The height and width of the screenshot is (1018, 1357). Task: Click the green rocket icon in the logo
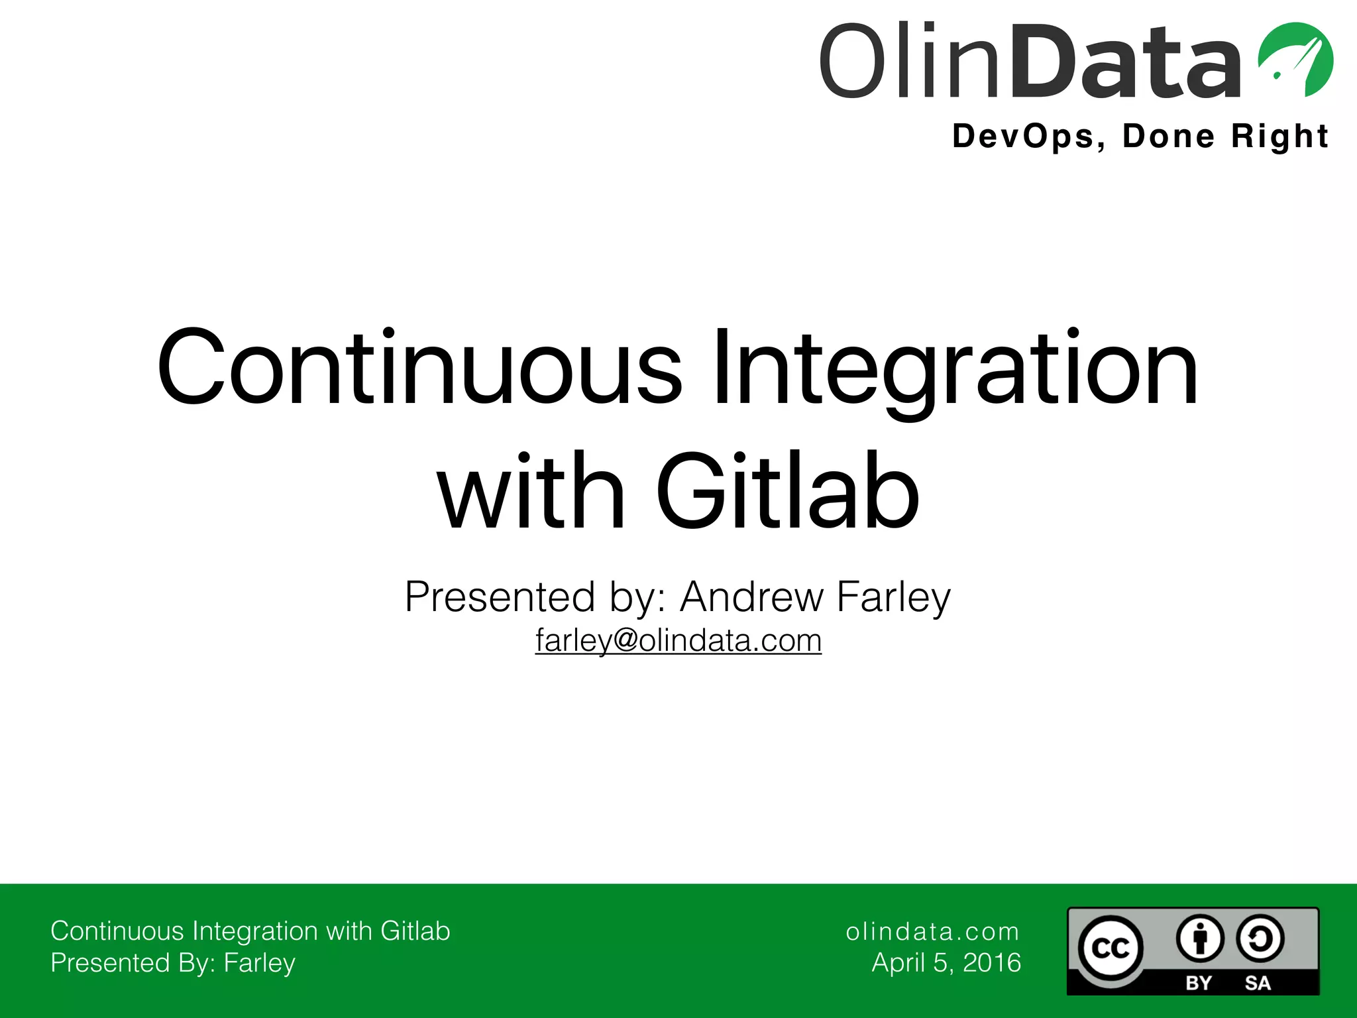point(1295,60)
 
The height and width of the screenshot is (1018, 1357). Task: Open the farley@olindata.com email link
point(678,640)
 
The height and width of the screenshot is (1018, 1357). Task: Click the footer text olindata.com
point(932,932)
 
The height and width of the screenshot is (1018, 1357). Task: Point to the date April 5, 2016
point(946,963)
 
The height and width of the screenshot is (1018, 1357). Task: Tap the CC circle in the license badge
point(1110,948)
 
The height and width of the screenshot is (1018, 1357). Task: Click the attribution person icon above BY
point(1199,938)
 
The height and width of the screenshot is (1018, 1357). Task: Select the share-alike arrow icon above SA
point(1260,938)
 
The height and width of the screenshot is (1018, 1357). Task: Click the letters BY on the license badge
point(1198,982)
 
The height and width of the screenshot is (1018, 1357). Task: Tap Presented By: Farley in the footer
point(173,963)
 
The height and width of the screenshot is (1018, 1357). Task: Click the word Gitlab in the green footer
point(415,931)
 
